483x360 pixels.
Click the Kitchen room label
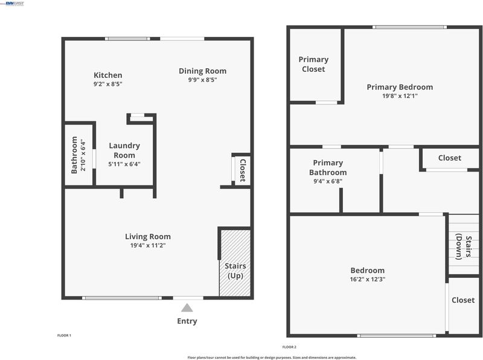[x=108, y=76]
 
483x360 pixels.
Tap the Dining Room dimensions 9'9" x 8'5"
[x=203, y=80]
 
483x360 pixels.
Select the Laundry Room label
[x=124, y=150]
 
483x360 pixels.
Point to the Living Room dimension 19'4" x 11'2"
[x=148, y=245]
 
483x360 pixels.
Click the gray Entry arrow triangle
[x=187, y=308]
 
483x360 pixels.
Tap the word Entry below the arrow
[x=187, y=321]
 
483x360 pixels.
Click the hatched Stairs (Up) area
[x=235, y=263]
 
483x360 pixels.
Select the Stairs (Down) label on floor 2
[x=464, y=246]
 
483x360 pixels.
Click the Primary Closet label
[x=313, y=64]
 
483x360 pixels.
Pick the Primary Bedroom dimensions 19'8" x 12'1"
[x=400, y=96]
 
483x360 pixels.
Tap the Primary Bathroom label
[x=328, y=167]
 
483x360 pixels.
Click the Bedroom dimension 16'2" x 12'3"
[x=368, y=279]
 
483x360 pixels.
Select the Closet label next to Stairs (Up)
[x=243, y=170]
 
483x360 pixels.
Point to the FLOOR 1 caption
[x=64, y=335]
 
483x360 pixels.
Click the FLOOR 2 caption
[x=289, y=347]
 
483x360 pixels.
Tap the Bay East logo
[x=13, y=4]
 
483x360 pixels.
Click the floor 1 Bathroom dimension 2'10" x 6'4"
[x=83, y=155]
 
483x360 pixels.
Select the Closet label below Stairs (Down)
[x=463, y=300]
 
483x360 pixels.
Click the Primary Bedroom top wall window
[x=410, y=27]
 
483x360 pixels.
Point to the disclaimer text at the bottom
[x=272, y=358]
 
